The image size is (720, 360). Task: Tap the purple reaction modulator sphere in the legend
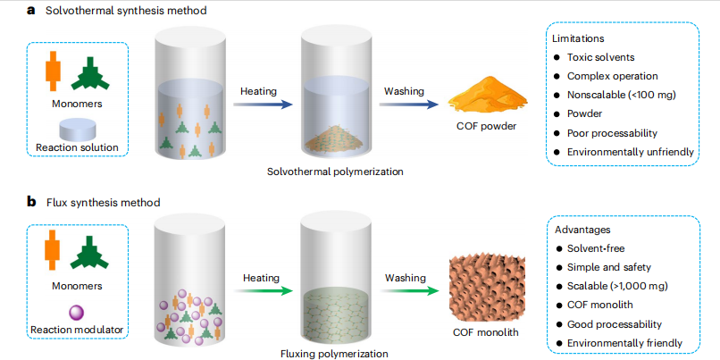point(75,311)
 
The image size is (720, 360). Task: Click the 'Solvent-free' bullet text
point(599,247)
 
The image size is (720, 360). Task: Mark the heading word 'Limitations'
point(579,39)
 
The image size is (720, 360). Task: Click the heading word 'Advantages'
point(583,230)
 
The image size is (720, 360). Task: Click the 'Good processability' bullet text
point(616,324)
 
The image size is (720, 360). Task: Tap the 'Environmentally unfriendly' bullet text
point(631,152)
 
